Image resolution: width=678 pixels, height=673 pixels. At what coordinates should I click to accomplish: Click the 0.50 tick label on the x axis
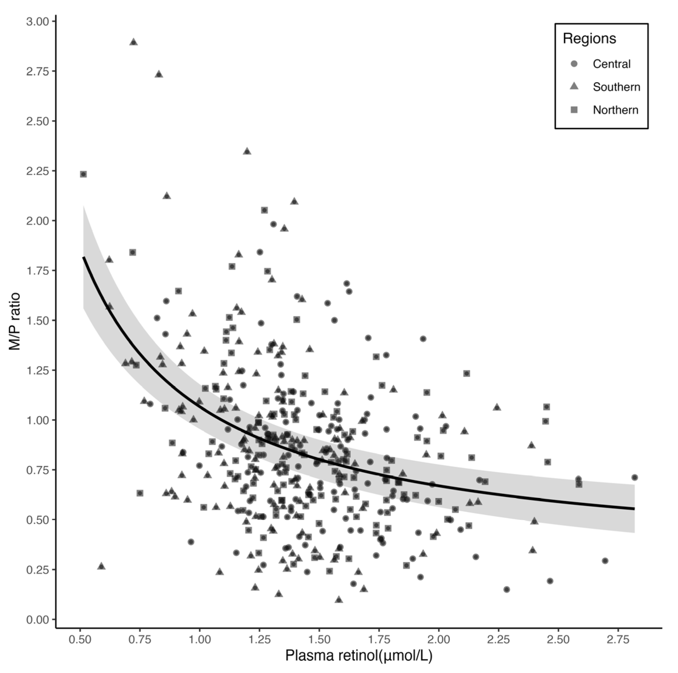click(80, 639)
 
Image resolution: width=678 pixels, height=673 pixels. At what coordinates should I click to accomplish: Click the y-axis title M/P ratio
click(15, 321)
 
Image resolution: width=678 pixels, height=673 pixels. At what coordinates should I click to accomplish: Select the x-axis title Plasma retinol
click(359, 655)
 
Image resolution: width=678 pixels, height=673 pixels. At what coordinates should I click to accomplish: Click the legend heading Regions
click(589, 39)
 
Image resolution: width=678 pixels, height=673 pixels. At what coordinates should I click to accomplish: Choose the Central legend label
click(611, 64)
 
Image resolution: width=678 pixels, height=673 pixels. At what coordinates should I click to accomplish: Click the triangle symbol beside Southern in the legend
click(574, 86)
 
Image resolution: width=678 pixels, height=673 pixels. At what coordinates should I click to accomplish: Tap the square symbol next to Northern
click(574, 110)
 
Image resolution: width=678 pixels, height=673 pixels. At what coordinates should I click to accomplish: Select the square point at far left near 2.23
click(83, 174)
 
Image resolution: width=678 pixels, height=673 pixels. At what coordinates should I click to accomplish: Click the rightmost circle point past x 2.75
click(634, 477)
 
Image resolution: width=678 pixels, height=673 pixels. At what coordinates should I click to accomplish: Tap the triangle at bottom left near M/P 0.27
click(101, 566)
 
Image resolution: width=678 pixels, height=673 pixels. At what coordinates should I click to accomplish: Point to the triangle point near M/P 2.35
click(247, 151)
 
